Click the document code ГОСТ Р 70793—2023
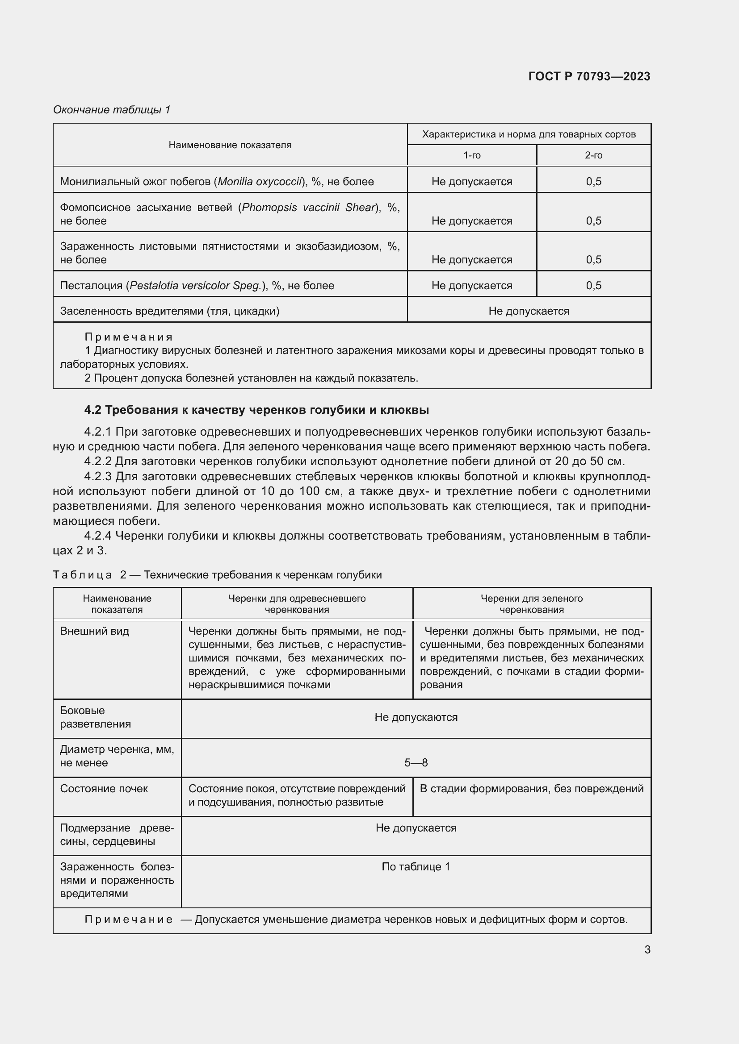click(x=589, y=76)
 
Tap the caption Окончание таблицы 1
click(x=112, y=110)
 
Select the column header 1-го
click(x=472, y=155)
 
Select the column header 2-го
click(x=593, y=155)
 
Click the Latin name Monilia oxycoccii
click(x=260, y=181)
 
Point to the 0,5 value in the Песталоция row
click(x=593, y=286)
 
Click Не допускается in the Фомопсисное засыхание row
click(x=472, y=221)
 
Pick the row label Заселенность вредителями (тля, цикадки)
click(x=170, y=311)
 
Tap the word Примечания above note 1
click(x=129, y=337)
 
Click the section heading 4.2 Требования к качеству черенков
click(x=256, y=410)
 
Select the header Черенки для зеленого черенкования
click(x=532, y=604)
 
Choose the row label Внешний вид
click(x=95, y=631)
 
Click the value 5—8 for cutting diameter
click(x=416, y=762)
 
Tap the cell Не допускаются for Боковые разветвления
click(x=416, y=717)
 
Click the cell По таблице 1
click(x=416, y=867)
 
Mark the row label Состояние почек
click(x=104, y=788)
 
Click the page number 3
click(x=647, y=949)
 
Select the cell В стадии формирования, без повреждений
click(x=532, y=788)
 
